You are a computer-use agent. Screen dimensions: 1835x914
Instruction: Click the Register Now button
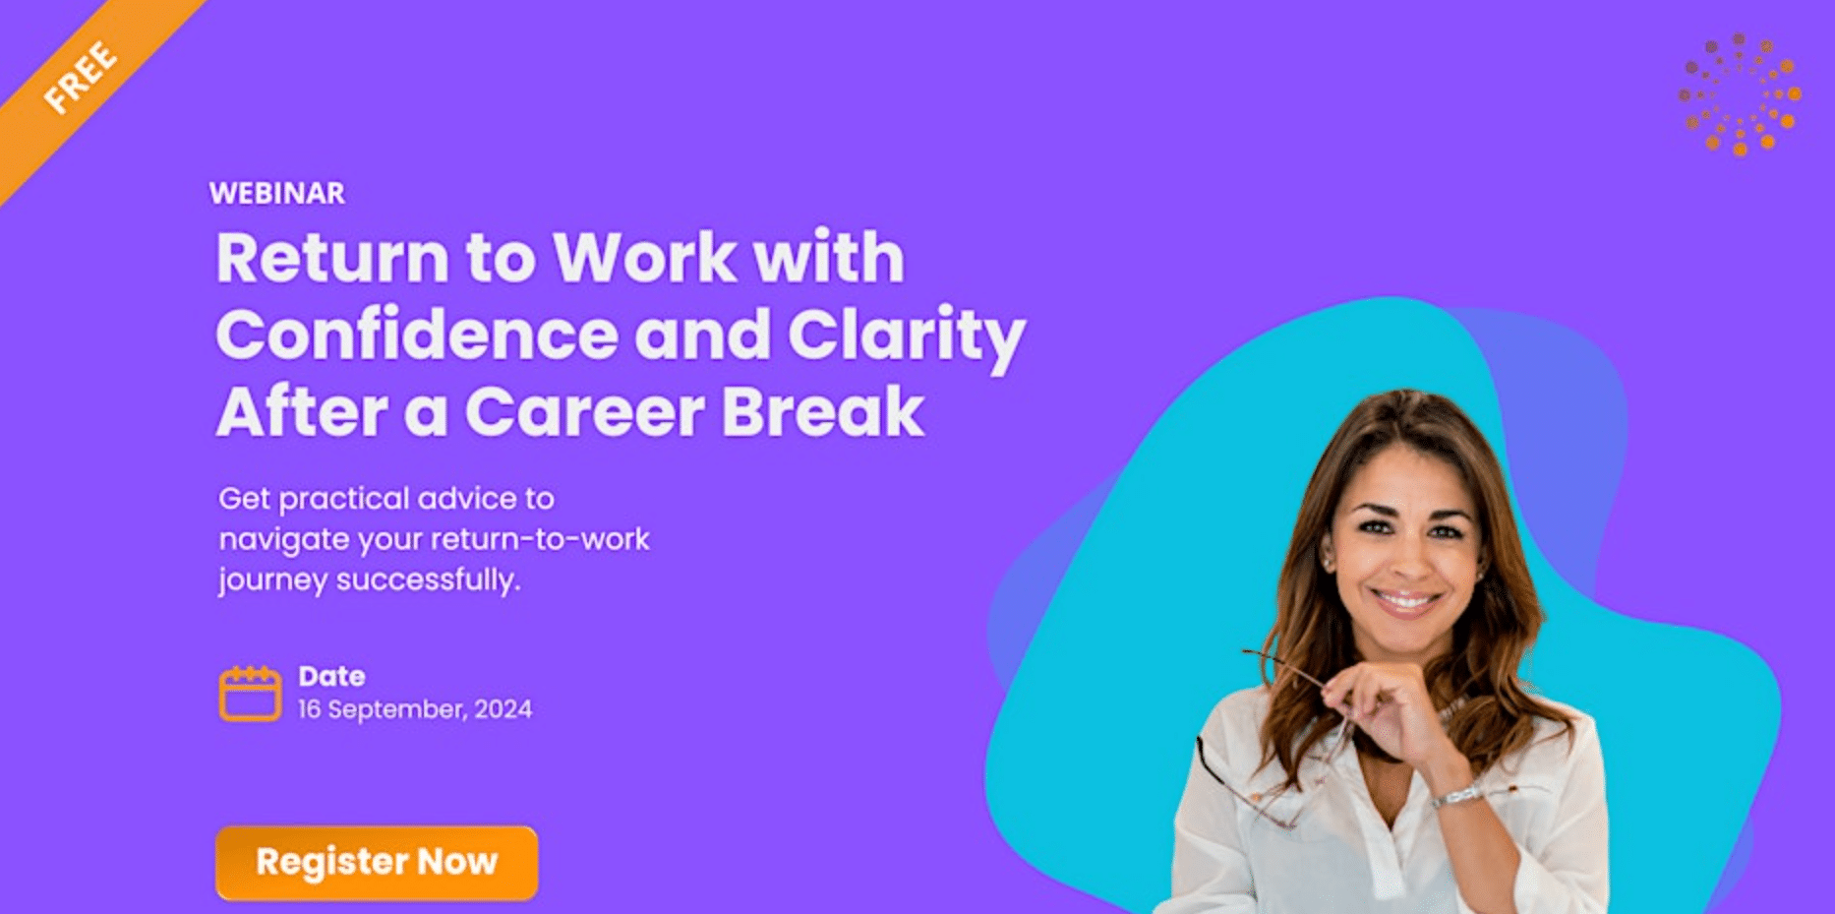pos(377,863)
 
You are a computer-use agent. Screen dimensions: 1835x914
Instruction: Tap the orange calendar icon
pos(250,694)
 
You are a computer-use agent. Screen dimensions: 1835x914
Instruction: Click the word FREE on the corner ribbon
pos(81,76)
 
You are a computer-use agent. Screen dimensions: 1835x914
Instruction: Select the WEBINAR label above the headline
pos(277,193)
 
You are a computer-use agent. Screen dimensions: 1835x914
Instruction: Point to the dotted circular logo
pos(1740,94)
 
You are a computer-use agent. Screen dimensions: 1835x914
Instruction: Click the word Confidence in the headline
pos(417,335)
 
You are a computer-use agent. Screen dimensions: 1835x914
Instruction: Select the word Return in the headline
pos(332,258)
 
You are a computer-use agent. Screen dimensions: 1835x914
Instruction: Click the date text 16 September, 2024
pos(415,709)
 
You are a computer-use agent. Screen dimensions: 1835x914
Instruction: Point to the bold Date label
pos(331,676)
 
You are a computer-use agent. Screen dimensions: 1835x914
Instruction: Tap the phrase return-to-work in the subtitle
pos(540,539)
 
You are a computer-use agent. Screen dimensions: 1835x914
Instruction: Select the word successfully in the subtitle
pos(428,579)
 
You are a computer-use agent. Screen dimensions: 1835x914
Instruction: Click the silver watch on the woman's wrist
pos(1456,794)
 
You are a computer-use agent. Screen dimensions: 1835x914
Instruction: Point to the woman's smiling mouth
pos(1405,599)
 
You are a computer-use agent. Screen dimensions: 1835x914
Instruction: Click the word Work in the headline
pos(645,258)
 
